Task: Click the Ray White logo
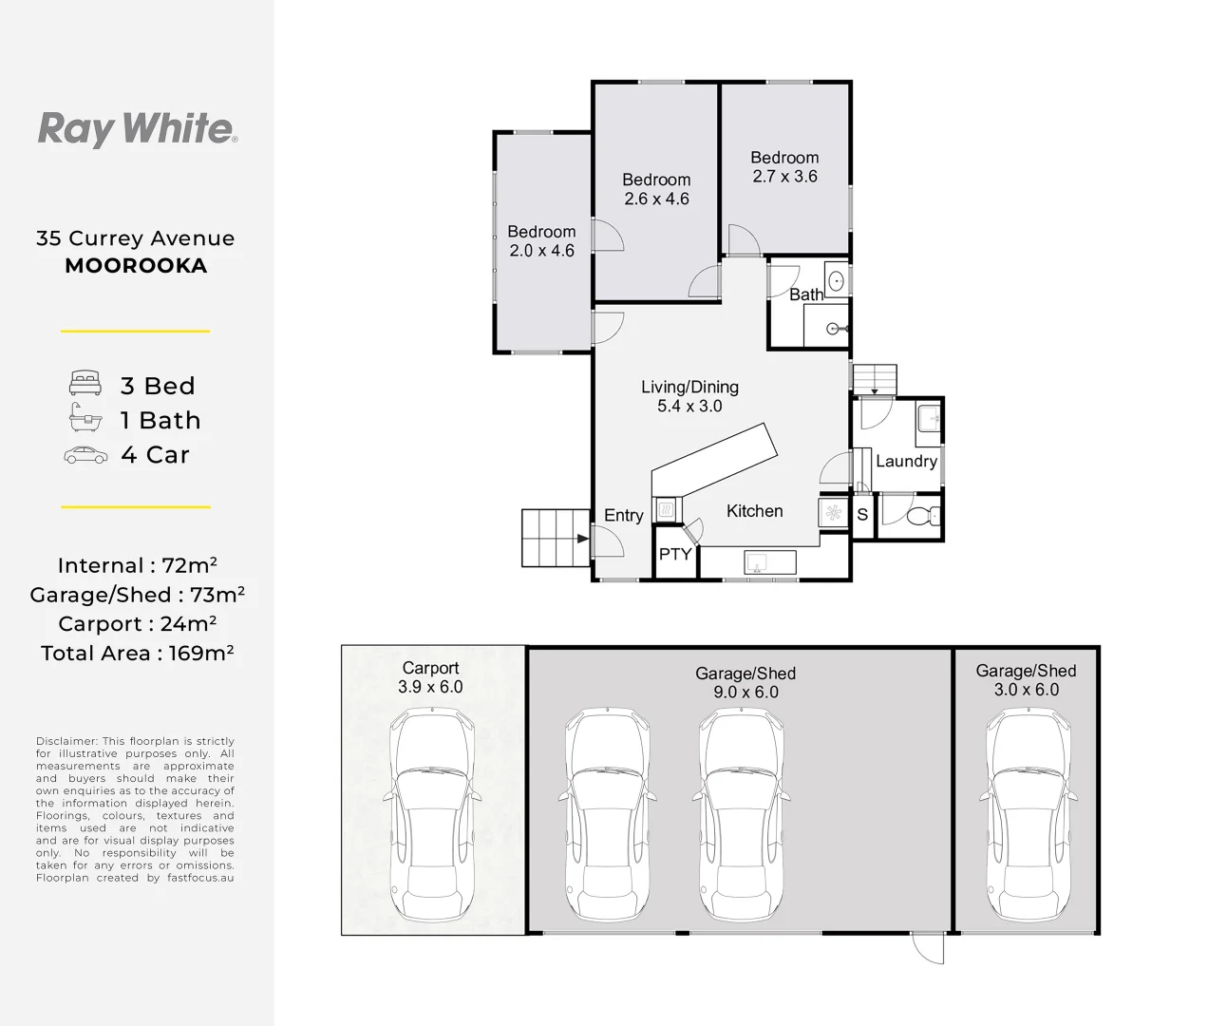[138, 129]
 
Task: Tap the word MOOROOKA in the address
[136, 266]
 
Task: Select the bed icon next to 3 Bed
[85, 383]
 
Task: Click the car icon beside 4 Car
[85, 455]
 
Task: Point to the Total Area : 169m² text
[138, 654]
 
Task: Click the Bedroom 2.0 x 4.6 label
[541, 241]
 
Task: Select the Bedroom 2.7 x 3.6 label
[784, 167]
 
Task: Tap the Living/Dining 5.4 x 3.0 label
[689, 396]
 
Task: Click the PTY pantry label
[675, 554]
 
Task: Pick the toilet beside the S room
[923, 516]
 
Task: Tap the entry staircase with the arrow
[556, 538]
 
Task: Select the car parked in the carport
[432, 815]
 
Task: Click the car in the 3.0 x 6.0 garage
[1028, 815]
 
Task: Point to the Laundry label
[906, 461]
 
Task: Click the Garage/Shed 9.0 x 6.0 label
[746, 683]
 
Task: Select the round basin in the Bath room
[837, 280]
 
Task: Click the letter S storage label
[862, 515]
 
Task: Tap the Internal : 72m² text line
[138, 565]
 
